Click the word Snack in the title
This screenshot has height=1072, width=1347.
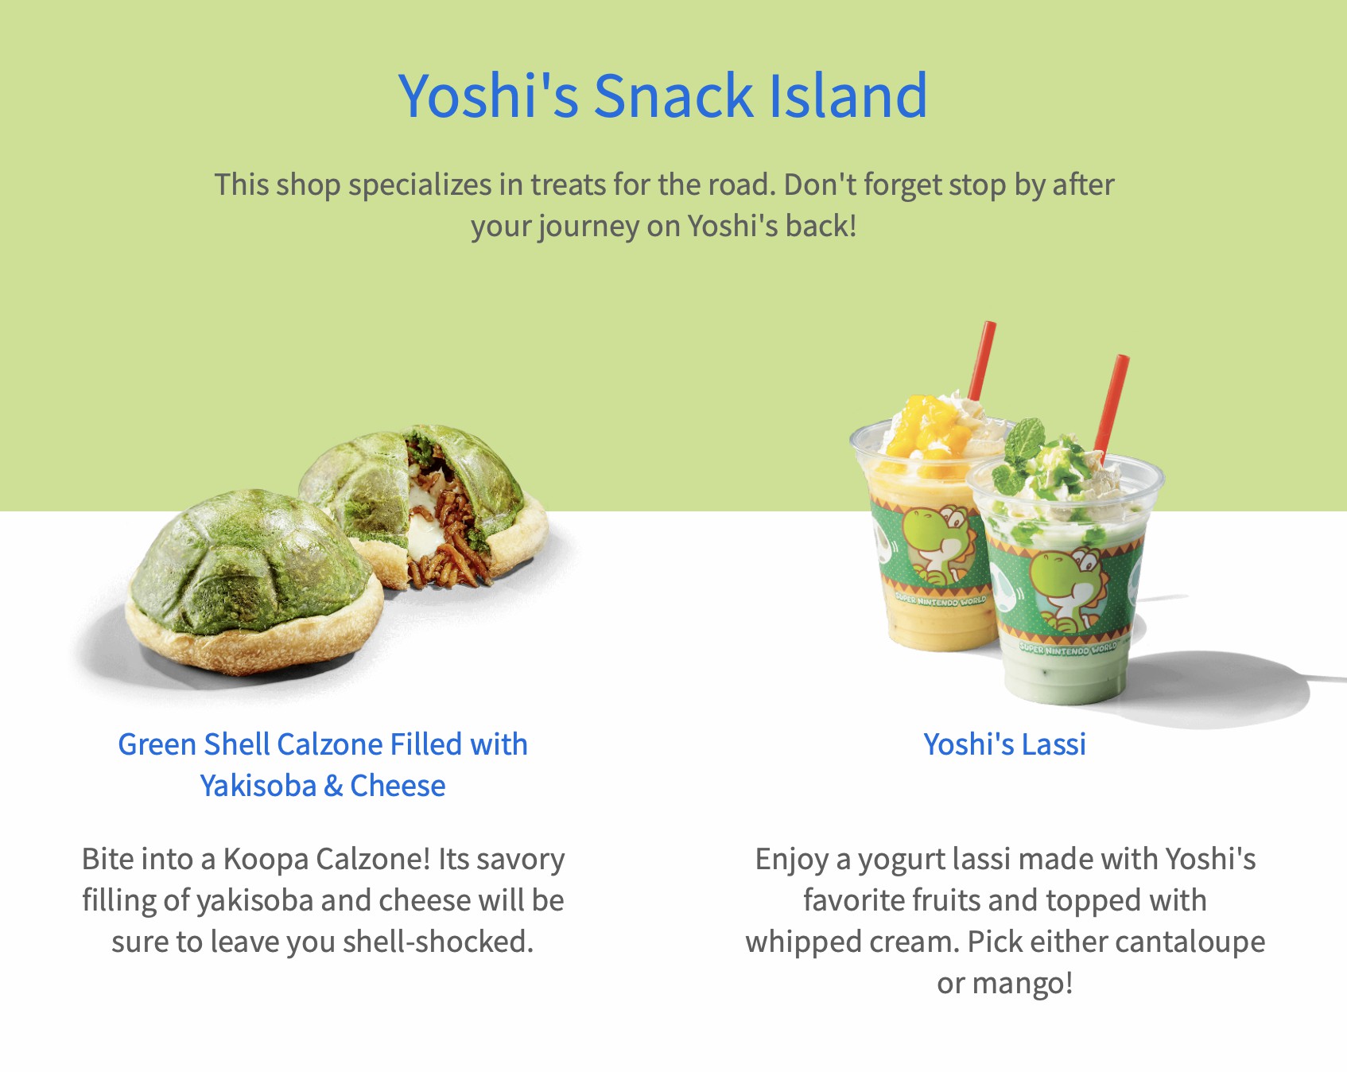point(673,95)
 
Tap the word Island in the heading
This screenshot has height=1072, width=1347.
point(848,95)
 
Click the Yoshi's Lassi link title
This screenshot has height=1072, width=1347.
point(1004,744)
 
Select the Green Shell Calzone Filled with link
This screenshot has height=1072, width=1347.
point(323,744)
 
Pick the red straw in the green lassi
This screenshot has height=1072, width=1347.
point(1112,405)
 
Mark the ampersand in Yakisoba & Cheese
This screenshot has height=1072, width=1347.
point(333,787)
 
